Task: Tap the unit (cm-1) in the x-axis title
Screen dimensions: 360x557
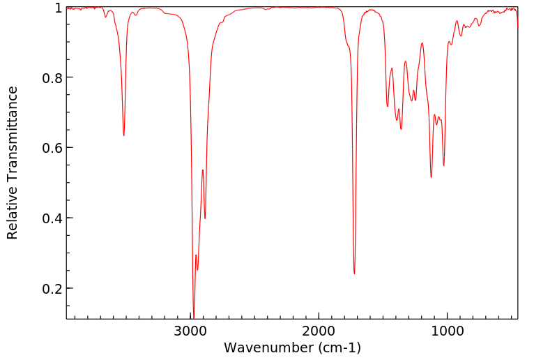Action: tap(336, 347)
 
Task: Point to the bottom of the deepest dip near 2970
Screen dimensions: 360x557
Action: tap(194, 316)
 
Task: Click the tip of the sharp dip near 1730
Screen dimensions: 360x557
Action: tap(354, 273)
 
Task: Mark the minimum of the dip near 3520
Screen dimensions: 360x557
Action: tap(124, 135)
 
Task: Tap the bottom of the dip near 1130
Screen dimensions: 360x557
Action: tap(431, 177)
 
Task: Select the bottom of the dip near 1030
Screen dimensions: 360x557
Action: tap(443, 165)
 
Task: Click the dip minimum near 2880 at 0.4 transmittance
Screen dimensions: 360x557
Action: tap(205, 218)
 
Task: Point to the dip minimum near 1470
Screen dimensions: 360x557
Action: tap(388, 106)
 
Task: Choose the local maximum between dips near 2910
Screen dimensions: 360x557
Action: tap(202, 170)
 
